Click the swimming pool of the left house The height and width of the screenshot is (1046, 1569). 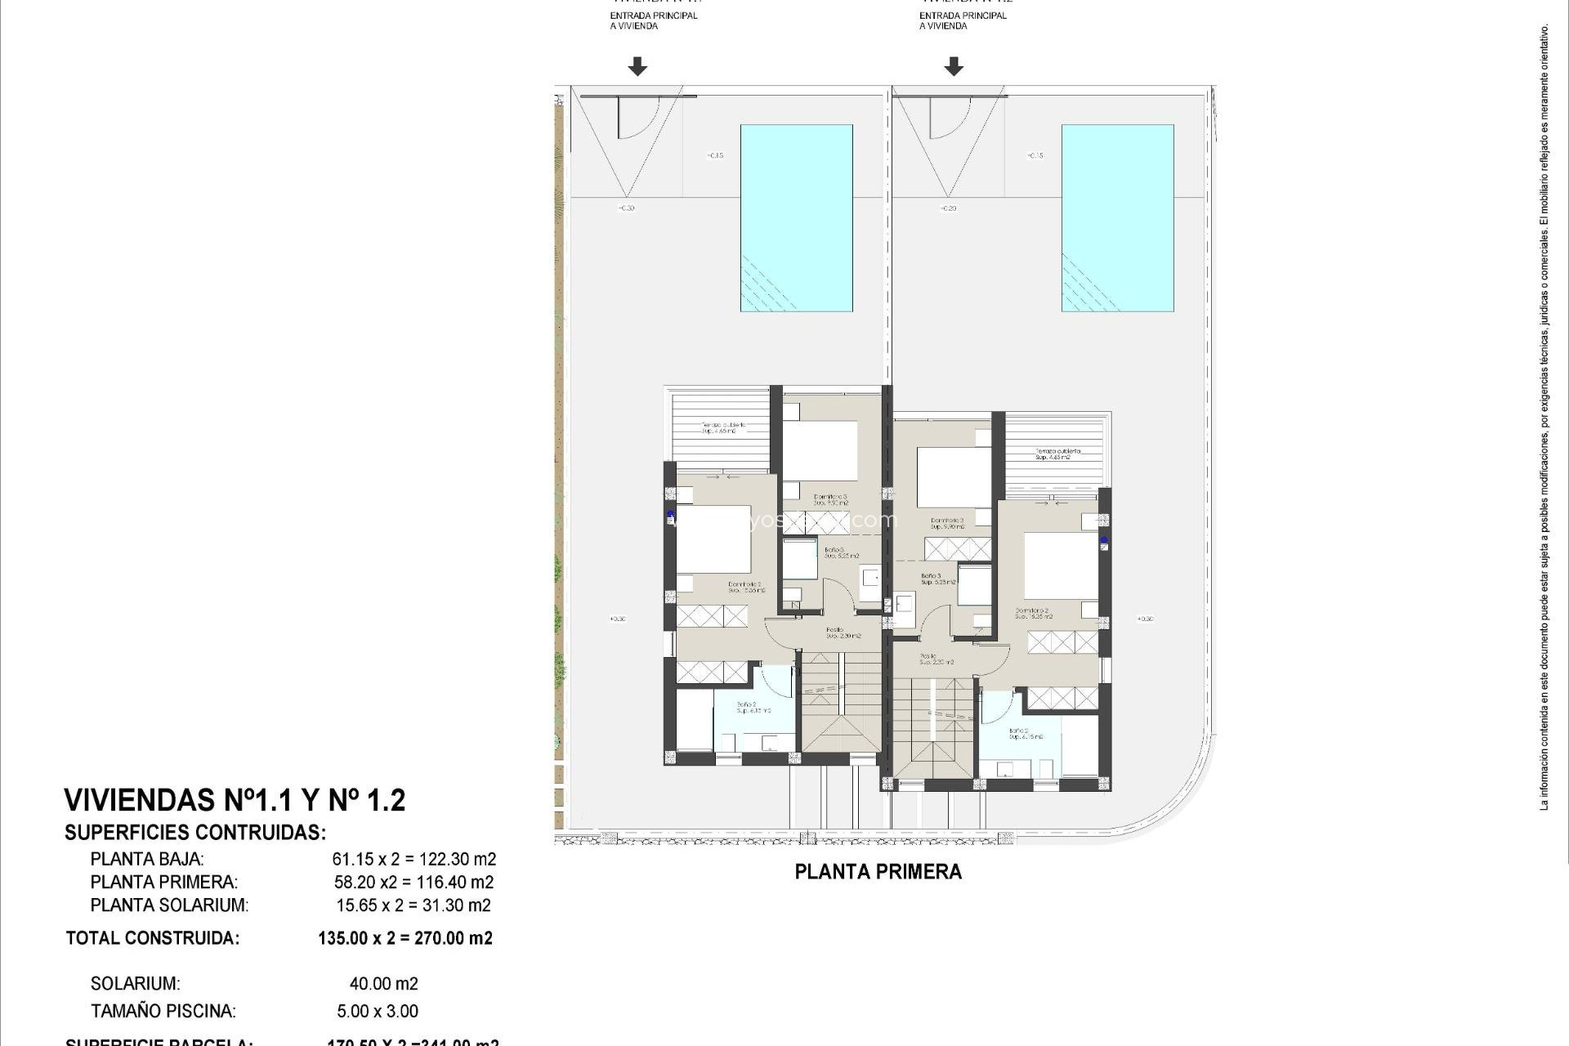coord(796,217)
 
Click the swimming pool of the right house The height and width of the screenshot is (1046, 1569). coord(1117,217)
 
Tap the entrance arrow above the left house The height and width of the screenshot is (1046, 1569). coord(637,66)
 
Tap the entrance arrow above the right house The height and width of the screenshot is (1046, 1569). coord(953,66)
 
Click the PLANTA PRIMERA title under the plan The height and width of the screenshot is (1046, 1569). coord(878,872)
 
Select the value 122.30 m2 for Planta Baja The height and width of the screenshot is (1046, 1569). coord(457,859)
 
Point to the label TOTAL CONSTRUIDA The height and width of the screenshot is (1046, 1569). coord(153,938)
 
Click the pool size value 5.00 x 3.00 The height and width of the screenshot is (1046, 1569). coord(378,1011)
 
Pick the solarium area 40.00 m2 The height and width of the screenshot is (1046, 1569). coord(383,984)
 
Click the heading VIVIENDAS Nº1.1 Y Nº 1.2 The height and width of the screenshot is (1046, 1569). coord(235,800)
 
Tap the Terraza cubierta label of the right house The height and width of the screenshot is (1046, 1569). coord(1057,454)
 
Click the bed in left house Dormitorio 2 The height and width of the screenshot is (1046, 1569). coord(713,542)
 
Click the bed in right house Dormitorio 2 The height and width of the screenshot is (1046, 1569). coord(1061,565)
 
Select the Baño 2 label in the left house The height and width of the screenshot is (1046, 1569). coord(750,707)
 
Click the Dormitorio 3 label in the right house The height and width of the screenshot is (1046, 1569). coord(947,523)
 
